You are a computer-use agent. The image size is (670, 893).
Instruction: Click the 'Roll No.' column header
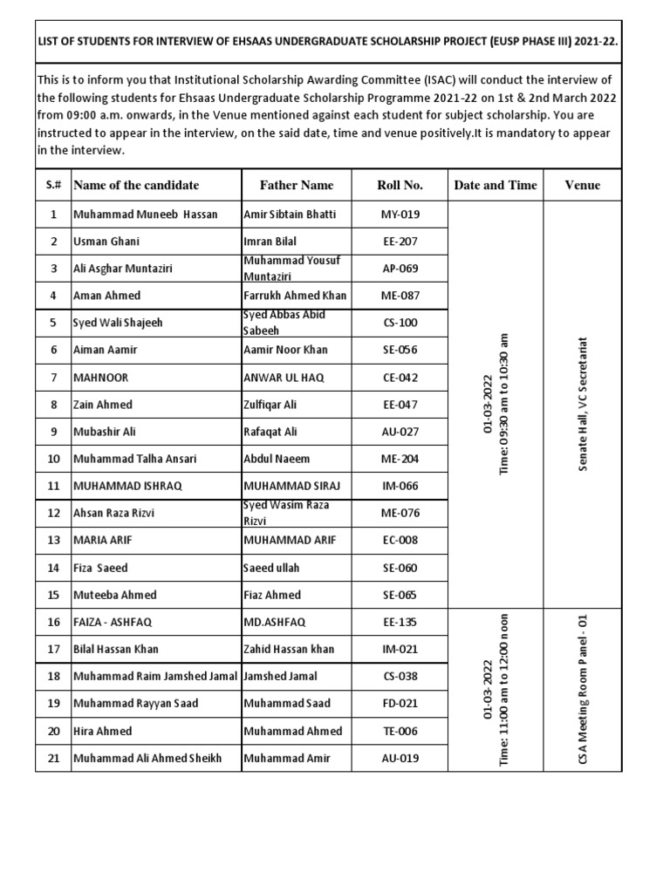(x=400, y=185)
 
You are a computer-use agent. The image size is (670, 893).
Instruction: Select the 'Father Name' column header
(x=297, y=185)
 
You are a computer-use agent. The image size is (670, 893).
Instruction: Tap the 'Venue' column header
(x=582, y=185)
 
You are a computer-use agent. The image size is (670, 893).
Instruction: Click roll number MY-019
(x=400, y=214)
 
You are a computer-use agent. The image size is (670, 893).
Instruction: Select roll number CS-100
(x=400, y=323)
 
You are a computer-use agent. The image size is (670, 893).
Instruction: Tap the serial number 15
(x=53, y=595)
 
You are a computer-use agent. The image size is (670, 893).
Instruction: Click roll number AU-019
(x=400, y=759)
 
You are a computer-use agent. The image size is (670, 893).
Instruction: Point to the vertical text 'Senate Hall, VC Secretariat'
(x=583, y=405)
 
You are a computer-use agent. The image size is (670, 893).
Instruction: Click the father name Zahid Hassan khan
(x=289, y=649)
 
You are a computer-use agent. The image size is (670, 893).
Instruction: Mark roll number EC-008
(x=400, y=540)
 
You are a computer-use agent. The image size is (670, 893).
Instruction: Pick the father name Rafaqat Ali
(x=270, y=432)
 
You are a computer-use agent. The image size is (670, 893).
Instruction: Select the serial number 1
(x=53, y=214)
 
